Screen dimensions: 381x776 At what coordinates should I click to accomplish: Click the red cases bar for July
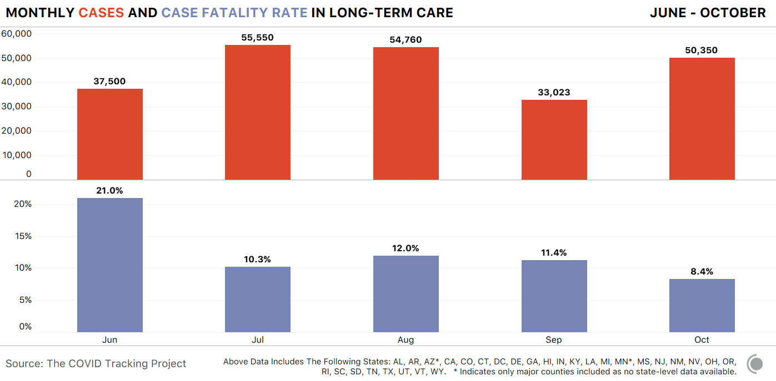point(258,112)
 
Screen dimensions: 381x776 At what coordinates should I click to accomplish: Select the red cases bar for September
point(554,140)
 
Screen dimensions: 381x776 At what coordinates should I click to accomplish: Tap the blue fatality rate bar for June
point(110,265)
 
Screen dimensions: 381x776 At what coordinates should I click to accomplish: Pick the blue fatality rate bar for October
point(702,306)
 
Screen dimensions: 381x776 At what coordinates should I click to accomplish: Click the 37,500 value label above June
point(109,82)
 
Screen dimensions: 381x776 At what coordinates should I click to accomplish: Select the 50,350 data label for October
point(701,50)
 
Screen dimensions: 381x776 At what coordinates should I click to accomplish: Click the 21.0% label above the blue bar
point(109,191)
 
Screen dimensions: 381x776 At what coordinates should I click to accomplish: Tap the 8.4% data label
point(702,272)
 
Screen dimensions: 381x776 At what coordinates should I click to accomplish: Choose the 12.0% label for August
point(405,248)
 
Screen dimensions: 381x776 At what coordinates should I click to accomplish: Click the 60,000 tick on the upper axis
point(17,34)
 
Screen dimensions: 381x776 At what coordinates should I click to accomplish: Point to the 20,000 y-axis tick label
point(17,131)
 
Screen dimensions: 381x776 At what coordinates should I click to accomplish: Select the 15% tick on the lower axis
point(23,236)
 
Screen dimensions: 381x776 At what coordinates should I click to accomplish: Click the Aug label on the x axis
point(405,340)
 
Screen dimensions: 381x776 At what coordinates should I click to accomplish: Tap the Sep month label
point(554,340)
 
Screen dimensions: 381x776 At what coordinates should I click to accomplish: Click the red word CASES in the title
point(101,13)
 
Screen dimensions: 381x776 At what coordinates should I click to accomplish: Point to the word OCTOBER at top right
point(733,13)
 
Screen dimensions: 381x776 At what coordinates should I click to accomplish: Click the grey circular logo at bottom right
point(755,364)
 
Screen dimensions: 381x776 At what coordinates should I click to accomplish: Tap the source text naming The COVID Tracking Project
point(96,364)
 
